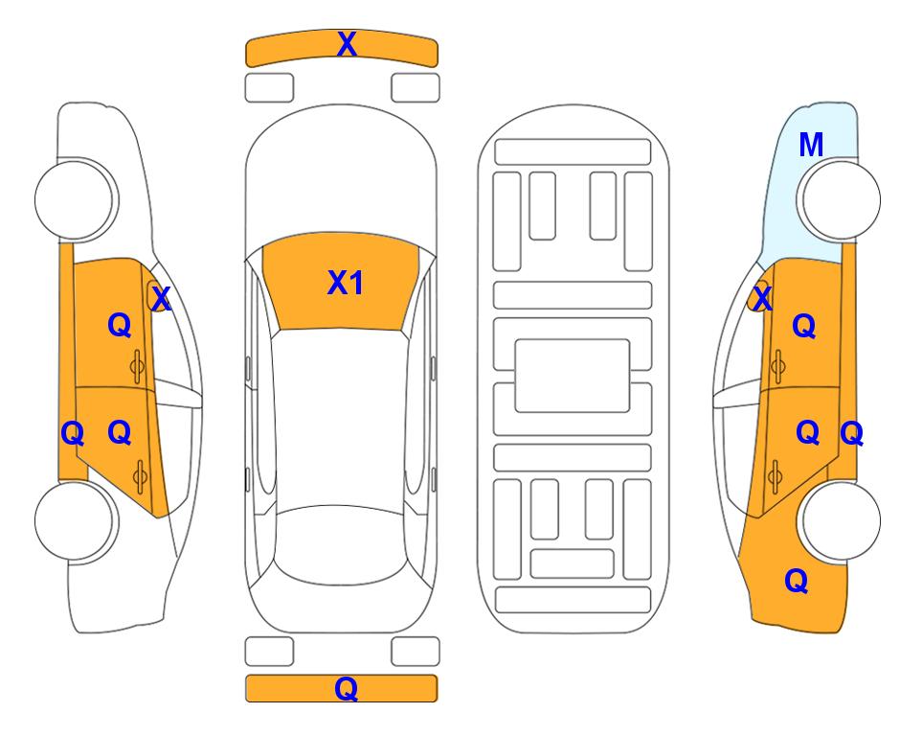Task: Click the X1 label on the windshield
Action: [x=346, y=283]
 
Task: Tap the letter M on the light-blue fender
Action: [x=811, y=145]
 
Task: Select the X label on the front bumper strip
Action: [x=347, y=43]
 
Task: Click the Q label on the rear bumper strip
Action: [x=346, y=688]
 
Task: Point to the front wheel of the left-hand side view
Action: [x=76, y=199]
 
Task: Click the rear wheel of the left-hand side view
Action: [x=76, y=520]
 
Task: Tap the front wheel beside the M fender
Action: [x=839, y=199]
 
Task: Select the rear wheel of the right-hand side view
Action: [x=839, y=520]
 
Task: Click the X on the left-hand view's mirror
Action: [x=161, y=298]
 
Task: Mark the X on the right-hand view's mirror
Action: [x=762, y=298]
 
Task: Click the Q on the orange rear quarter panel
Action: [x=797, y=581]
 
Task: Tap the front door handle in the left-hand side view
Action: [x=137, y=367]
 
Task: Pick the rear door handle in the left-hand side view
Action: [x=140, y=476]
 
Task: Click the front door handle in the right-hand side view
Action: [x=778, y=366]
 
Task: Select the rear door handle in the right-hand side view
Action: [x=775, y=476]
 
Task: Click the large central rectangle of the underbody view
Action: [x=573, y=376]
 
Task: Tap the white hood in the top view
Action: [x=341, y=176]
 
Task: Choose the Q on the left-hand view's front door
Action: [x=120, y=325]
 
